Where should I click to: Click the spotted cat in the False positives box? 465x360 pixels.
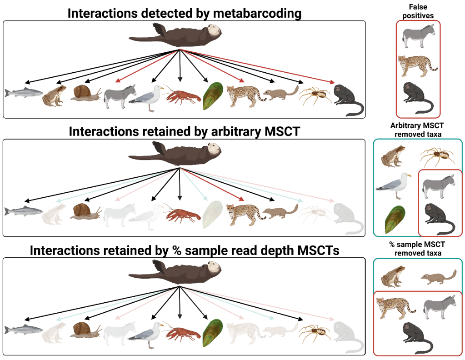416,65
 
